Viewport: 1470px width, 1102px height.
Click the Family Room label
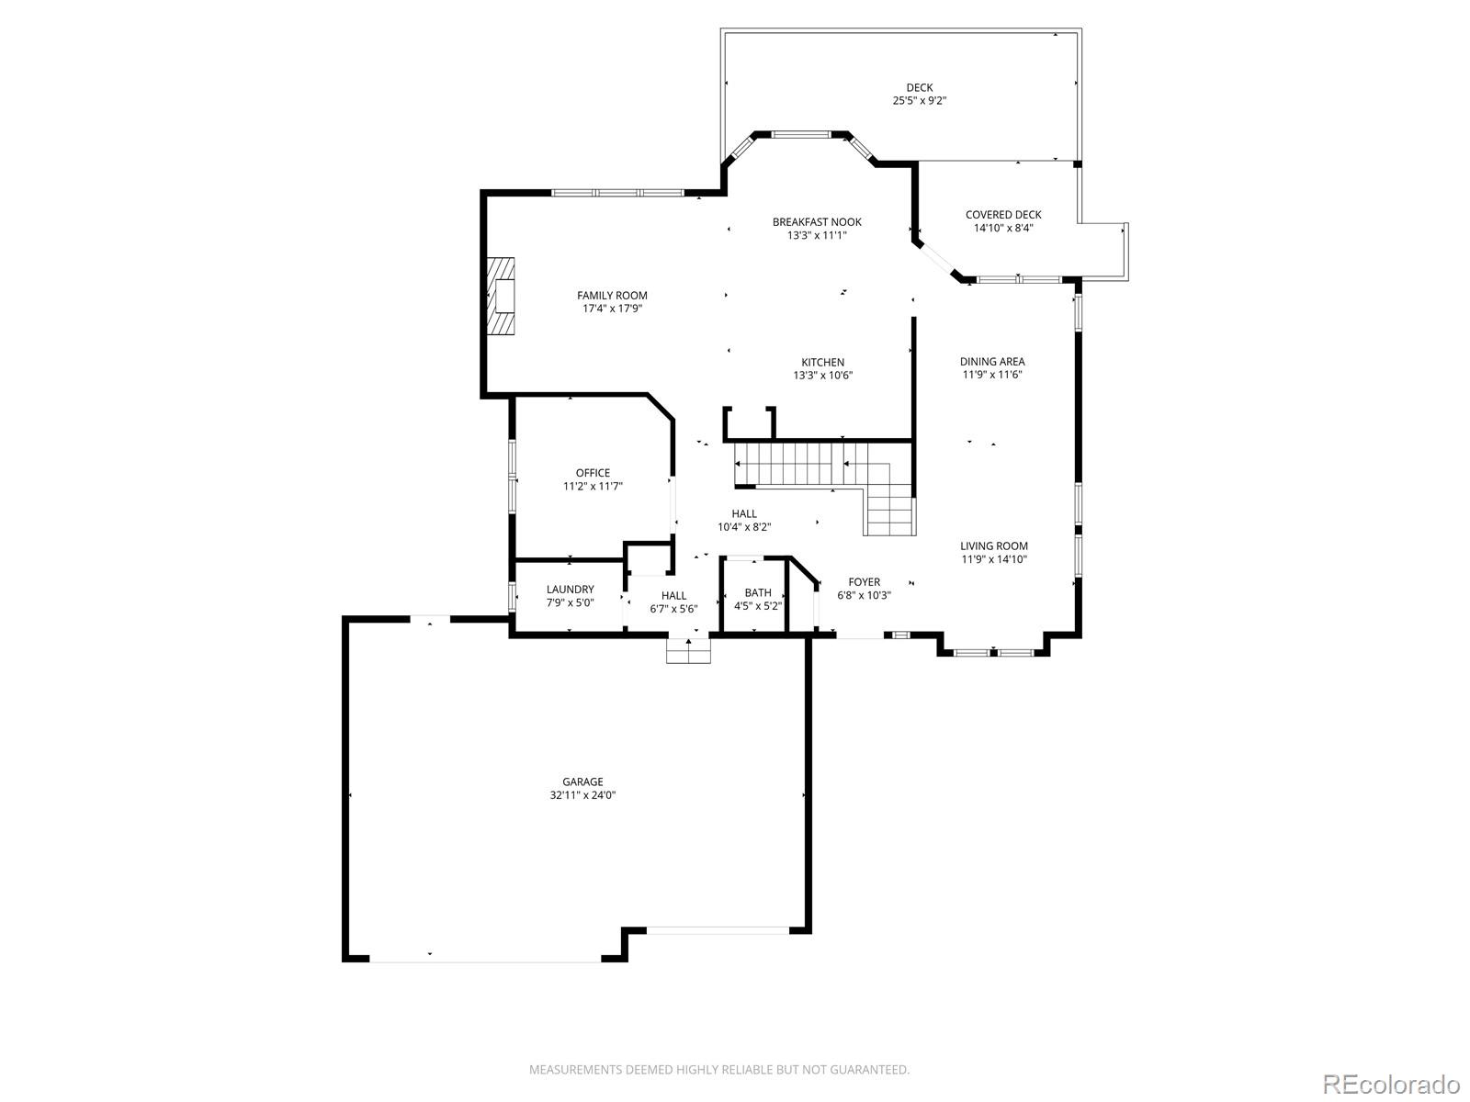[x=612, y=295]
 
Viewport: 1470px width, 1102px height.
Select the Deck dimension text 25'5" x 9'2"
[x=919, y=101]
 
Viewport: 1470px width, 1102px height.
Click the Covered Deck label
[x=1002, y=215]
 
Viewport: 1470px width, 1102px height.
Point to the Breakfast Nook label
[x=817, y=222]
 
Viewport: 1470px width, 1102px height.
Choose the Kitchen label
[x=822, y=362]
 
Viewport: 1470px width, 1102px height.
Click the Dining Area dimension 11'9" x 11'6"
[x=992, y=375]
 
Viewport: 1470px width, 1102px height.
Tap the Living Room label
[x=994, y=545]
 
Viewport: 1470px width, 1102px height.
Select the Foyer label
[x=864, y=581]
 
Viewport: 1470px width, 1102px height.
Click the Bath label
[x=758, y=592]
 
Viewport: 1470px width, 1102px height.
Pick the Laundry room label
[x=570, y=590]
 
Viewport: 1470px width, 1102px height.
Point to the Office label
[x=593, y=473]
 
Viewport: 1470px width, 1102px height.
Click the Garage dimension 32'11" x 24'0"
[x=582, y=795]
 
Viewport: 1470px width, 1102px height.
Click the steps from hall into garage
[x=689, y=651]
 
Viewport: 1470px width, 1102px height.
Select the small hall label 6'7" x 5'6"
[x=673, y=609]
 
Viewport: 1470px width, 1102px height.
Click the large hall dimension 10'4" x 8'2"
[x=744, y=527]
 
